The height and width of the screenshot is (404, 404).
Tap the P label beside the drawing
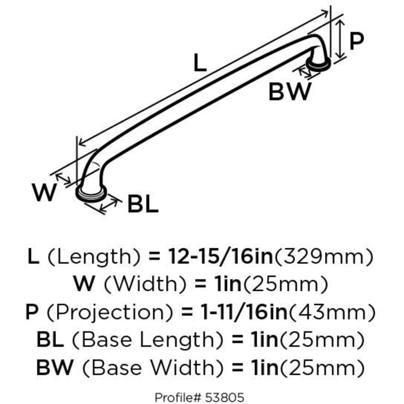[356, 42]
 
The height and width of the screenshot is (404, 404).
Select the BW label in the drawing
[290, 92]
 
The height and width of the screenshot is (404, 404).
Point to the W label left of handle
[44, 193]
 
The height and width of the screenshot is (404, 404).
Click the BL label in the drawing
[143, 205]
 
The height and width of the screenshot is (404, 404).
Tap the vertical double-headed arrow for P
[341, 39]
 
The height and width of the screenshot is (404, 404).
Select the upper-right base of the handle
[320, 64]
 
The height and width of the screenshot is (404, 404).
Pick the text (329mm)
[324, 257]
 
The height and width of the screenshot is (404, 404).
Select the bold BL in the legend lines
[49, 340]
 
